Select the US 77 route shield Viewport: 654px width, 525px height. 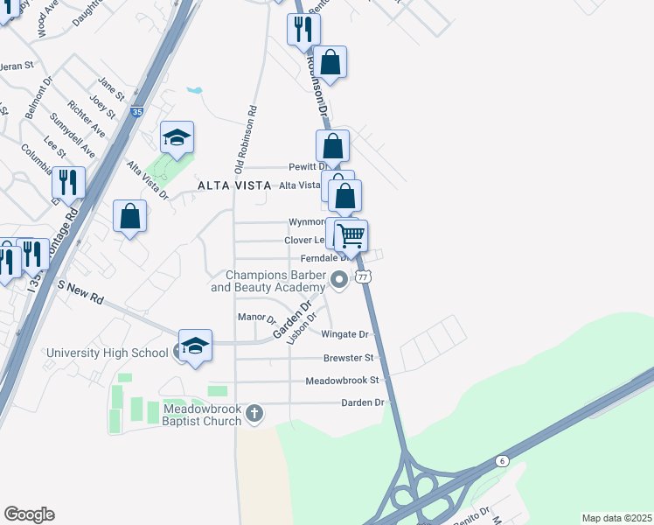[x=365, y=276]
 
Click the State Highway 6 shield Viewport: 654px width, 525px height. [x=502, y=460]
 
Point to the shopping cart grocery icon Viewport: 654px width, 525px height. [x=351, y=234]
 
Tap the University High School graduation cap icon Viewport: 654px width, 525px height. [x=195, y=346]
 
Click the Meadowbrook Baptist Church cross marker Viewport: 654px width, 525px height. [x=254, y=412]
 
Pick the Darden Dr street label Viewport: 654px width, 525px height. [x=367, y=402]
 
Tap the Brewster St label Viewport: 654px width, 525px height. [x=348, y=358]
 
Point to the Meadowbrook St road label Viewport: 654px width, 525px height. [x=342, y=381]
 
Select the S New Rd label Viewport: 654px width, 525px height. [x=80, y=293]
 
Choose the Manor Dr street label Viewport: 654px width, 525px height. [x=256, y=318]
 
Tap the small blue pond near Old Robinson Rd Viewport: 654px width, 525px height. [x=194, y=90]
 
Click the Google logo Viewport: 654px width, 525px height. [x=29, y=514]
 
